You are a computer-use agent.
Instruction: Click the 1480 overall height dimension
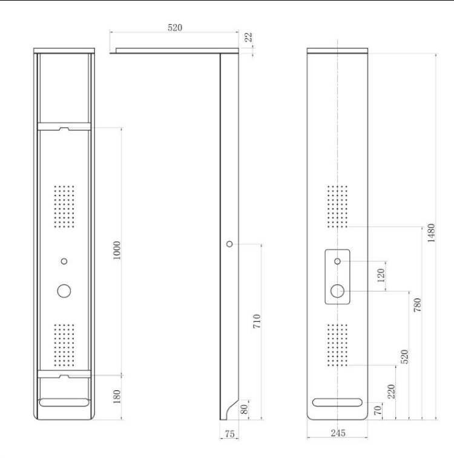(431, 233)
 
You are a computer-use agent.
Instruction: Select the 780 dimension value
(418, 305)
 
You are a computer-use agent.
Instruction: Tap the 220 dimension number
(391, 391)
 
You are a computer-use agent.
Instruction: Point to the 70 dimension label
(378, 410)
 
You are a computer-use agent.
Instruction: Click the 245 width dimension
(338, 433)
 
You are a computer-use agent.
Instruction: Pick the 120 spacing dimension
(381, 275)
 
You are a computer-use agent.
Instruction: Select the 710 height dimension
(257, 321)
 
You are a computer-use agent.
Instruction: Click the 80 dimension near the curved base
(245, 409)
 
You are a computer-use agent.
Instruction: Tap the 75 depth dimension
(229, 434)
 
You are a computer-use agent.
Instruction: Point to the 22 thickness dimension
(248, 37)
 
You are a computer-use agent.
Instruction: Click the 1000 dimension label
(116, 250)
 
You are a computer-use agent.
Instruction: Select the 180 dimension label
(117, 396)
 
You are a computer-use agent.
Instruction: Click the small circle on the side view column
(229, 244)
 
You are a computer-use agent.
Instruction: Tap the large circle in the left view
(64, 291)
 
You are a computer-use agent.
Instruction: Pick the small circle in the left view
(64, 261)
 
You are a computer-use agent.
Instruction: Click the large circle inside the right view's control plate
(337, 291)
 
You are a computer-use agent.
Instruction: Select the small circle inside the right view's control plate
(337, 261)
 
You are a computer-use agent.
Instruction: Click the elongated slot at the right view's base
(337, 402)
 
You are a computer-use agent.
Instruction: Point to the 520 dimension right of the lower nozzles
(404, 356)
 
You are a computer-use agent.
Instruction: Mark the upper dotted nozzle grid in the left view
(64, 206)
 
